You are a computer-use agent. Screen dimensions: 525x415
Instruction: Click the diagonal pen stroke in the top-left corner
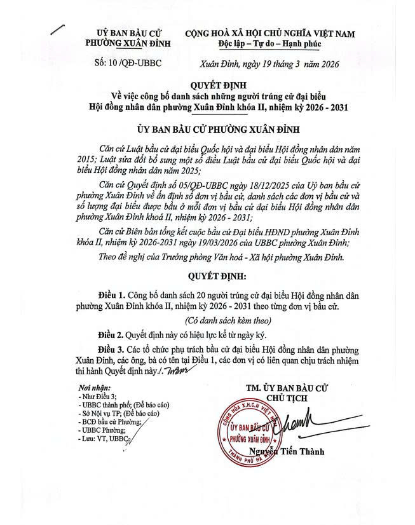[58, 27]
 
